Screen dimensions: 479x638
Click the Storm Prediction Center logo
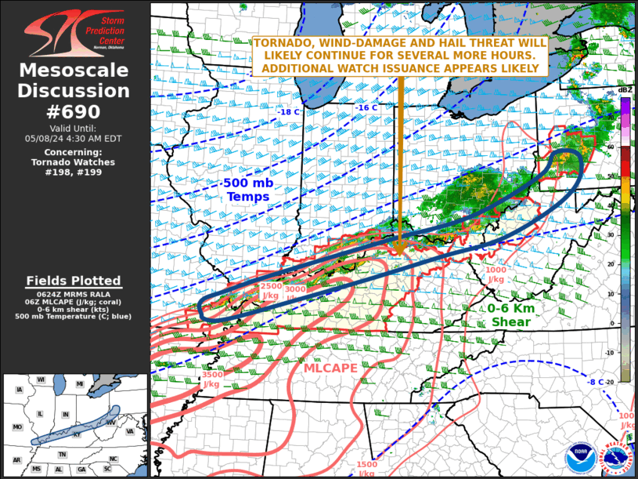(74, 32)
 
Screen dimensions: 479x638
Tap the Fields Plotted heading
(74, 281)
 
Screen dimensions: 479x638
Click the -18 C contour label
(288, 112)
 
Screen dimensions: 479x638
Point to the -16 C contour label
(367, 107)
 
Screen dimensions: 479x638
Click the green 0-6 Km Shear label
(510, 315)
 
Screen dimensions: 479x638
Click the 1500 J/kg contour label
(367, 469)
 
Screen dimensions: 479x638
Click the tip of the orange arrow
(398, 254)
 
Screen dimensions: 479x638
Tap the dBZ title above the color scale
(625, 91)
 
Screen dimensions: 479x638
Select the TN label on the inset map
(63, 454)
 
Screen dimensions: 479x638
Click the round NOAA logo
(581, 457)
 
